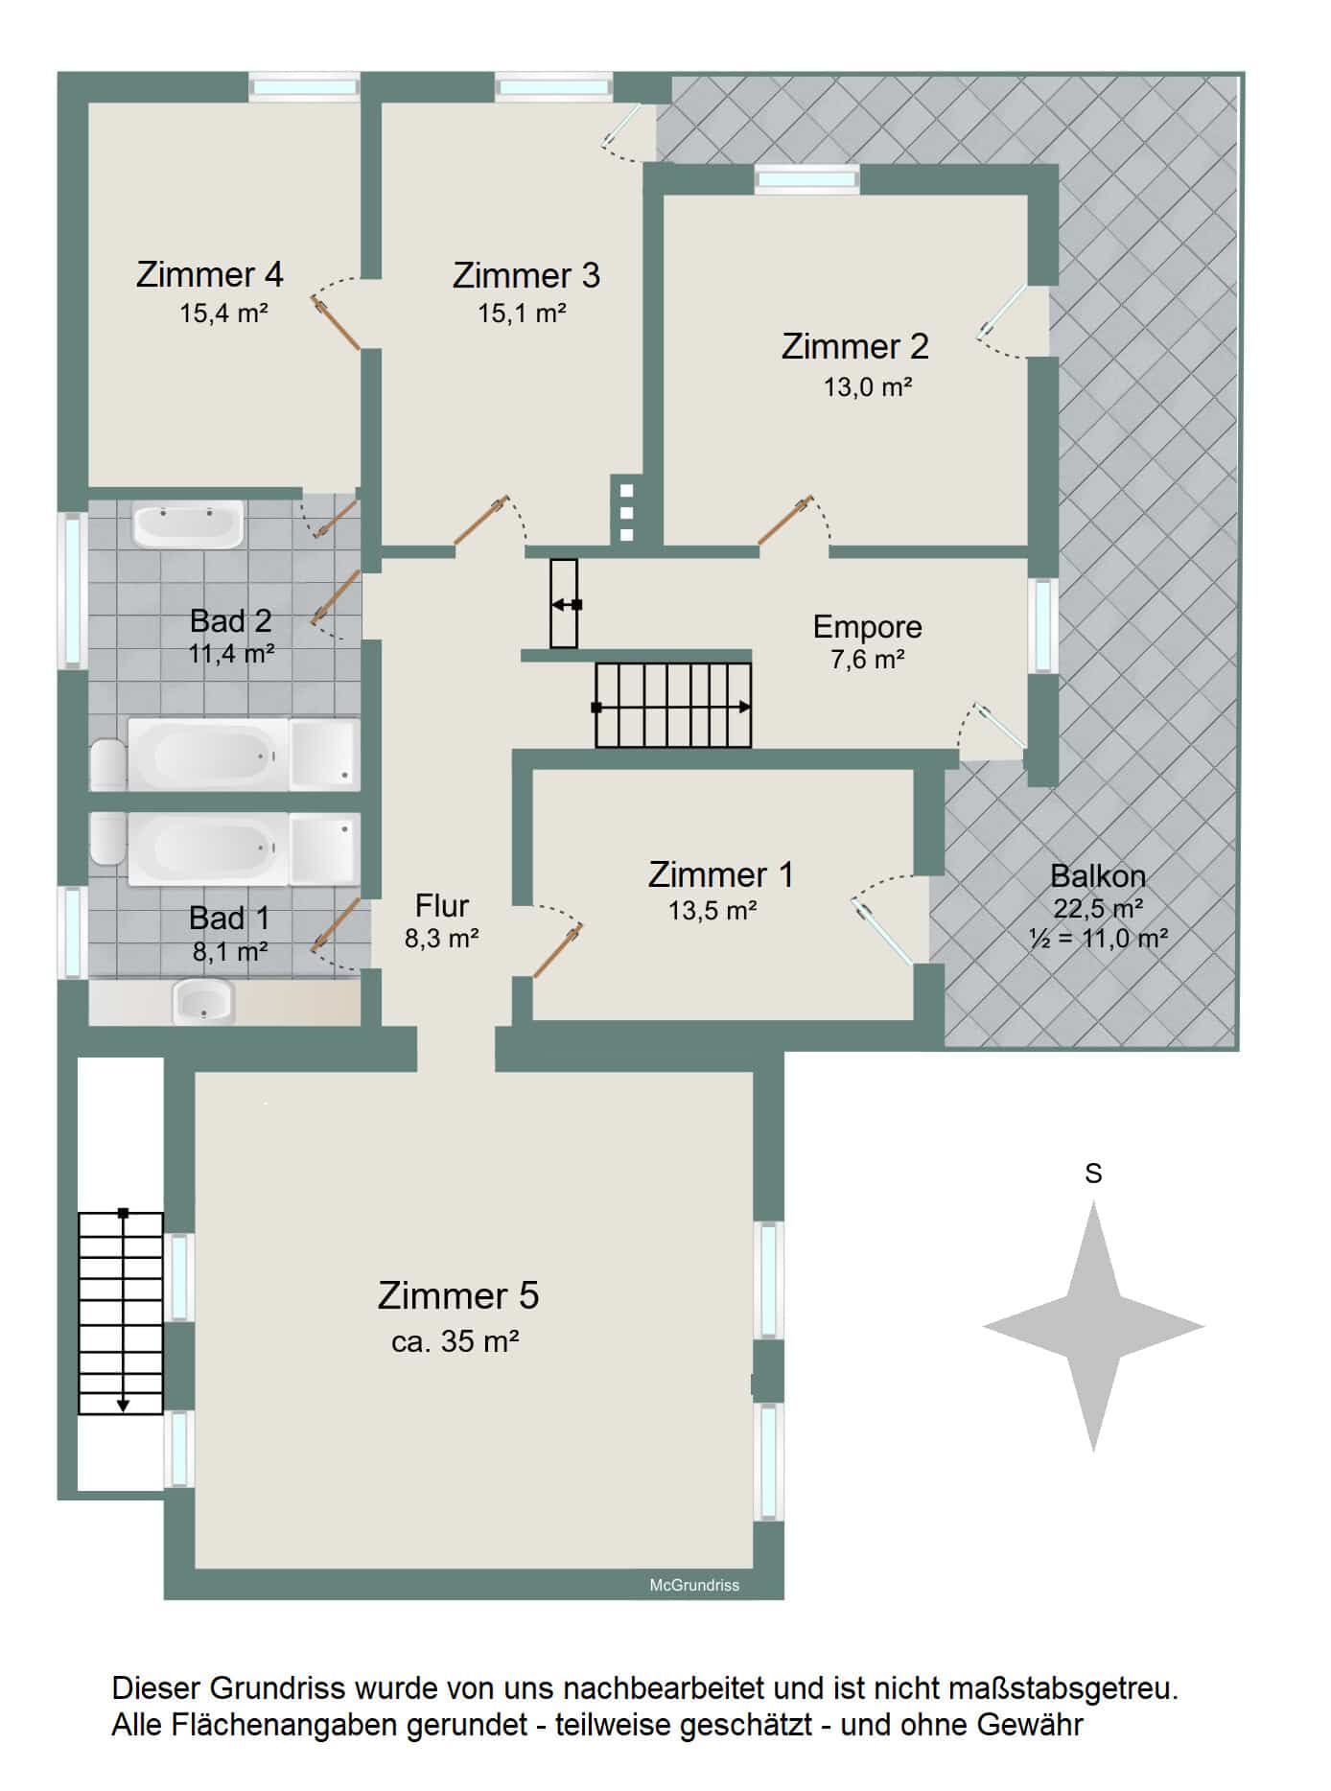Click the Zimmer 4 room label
coord(210,274)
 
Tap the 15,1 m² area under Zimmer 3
coord(523,314)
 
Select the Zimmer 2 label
coord(855,346)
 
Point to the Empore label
coord(868,626)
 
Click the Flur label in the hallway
coord(442,905)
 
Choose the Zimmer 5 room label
coord(458,1295)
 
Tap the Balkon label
coord(1098,875)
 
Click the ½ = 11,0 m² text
coord(1099,938)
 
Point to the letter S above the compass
coord(1093,1174)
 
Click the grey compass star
coord(1093,1327)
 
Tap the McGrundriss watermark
coord(694,1585)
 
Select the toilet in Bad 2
coord(108,763)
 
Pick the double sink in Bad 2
coord(188,524)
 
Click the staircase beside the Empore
coord(673,706)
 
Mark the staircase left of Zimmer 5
coord(121,1313)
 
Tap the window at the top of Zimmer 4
coord(304,87)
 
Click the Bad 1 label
coord(230,918)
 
